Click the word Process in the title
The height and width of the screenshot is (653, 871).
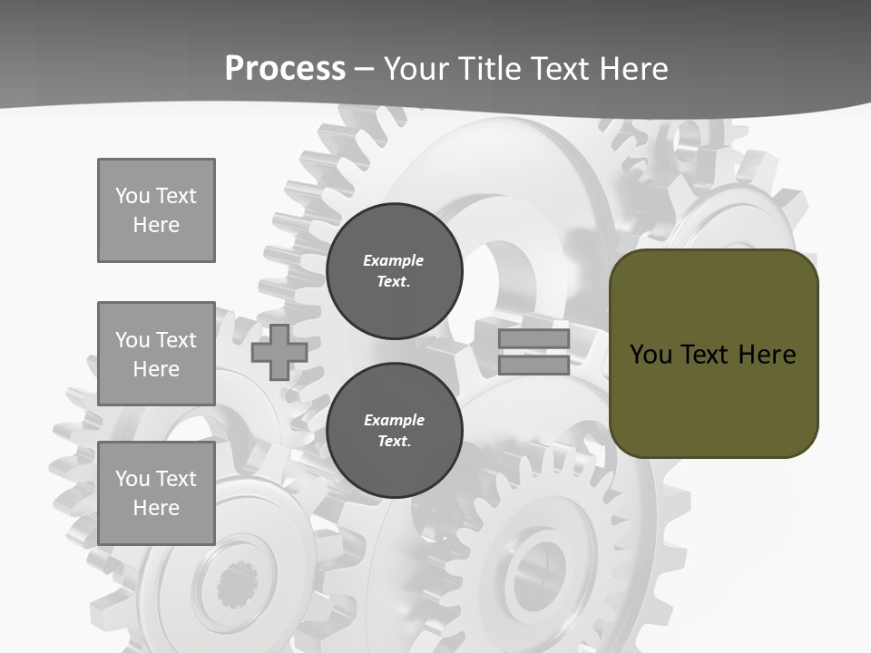click(x=285, y=69)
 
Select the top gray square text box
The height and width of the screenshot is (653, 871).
click(x=156, y=210)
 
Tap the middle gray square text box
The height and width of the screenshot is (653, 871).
click(x=156, y=354)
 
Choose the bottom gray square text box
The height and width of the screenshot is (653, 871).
click(x=156, y=493)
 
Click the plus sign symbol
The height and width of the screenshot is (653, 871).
click(x=279, y=352)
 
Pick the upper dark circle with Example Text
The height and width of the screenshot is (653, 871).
click(x=394, y=271)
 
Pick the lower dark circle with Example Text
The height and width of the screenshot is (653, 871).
click(x=394, y=431)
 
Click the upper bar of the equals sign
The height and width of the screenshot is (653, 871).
click(x=533, y=339)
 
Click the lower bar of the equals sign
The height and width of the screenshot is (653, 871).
click(x=533, y=365)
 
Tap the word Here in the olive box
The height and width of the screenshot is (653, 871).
click(x=767, y=354)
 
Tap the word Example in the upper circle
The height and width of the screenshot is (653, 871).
click(x=394, y=260)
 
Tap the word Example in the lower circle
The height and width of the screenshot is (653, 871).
click(x=394, y=420)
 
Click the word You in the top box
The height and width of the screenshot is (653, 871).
click(x=132, y=196)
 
